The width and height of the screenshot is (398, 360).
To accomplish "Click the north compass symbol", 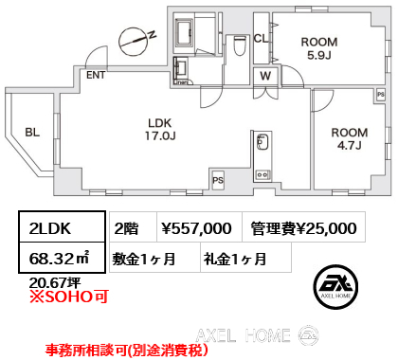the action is pyautogui.click(x=134, y=41).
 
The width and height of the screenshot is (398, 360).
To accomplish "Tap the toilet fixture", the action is pyautogui.click(x=240, y=46).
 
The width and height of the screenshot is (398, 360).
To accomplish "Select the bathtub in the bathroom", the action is pyautogui.click(x=184, y=32).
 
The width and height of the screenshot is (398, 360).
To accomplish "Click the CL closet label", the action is pyautogui.click(x=261, y=39).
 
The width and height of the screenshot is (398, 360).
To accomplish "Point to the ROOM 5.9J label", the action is pyautogui.click(x=319, y=48).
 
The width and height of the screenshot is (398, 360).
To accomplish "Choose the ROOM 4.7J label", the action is pyautogui.click(x=350, y=139).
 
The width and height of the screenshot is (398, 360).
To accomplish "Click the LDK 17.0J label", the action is pyautogui.click(x=160, y=130).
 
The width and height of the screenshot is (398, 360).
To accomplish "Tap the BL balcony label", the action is pyautogui.click(x=32, y=133).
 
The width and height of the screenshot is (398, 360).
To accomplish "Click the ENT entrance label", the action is pyautogui.click(x=96, y=75).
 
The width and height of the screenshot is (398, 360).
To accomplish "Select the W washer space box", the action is pyautogui.click(x=265, y=76).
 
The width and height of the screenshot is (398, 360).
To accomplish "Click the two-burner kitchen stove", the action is pyautogui.click(x=262, y=174).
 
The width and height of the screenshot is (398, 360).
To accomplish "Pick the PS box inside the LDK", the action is pyautogui.click(x=218, y=180).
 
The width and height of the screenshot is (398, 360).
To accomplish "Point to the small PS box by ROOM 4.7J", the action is pyautogui.click(x=381, y=95).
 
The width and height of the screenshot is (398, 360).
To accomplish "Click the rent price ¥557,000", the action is pyautogui.click(x=196, y=228).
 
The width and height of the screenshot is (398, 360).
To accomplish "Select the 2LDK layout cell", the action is pyautogui.click(x=62, y=227).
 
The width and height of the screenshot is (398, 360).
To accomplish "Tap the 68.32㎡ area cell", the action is pyautogui.click(x=62, y=258).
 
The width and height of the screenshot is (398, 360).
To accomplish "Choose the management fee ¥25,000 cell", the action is pyautogui.click(x=303, y=227).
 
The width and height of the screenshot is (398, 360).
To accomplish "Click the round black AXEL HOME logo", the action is pyautogui.click(x=335, y=287).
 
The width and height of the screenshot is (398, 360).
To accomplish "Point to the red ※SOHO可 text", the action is pyautogui.click(x=69, y=297).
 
